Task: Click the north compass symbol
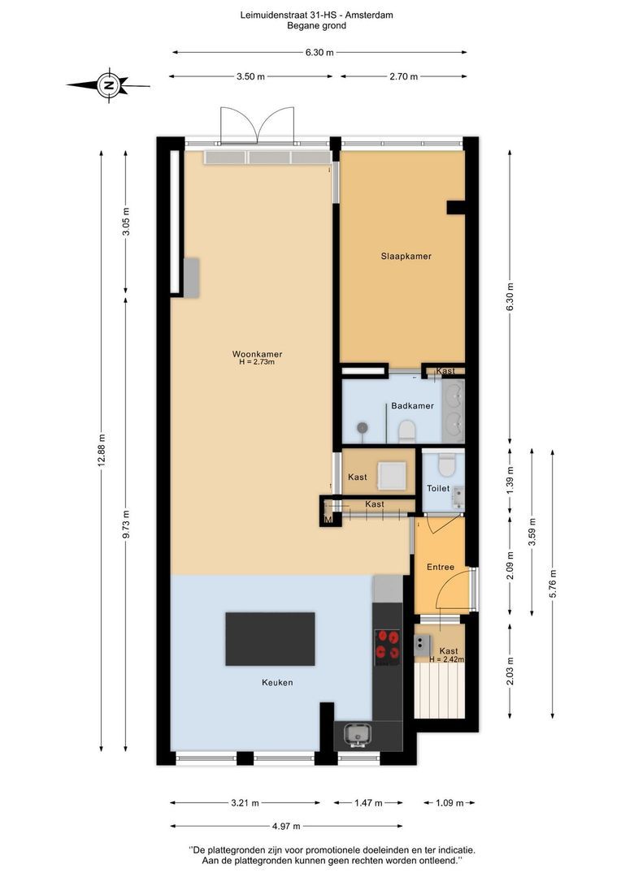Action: pos(109,85)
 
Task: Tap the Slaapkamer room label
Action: pos(406,256)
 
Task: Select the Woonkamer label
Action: pos(257,354)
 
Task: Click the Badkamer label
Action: pos(412,405)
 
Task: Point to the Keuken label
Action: pos(277,682)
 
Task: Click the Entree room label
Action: pos(440,567)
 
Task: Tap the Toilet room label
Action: pos(438,488)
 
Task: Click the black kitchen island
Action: pos(270,639)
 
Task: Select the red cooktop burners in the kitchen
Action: pos(388,644)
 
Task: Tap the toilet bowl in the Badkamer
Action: pos(406,432)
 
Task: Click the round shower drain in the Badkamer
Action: pos(363,428)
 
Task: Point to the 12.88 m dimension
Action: pos(102,451)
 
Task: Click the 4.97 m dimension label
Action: pos(286,826)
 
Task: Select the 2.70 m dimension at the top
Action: pos(404,76)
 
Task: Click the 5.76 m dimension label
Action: pos(553,583)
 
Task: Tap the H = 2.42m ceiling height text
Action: pos(447,659)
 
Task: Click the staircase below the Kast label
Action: pos(440,691)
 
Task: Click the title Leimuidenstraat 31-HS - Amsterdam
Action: pos(316,15)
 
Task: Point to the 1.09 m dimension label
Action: pos(449,803)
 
